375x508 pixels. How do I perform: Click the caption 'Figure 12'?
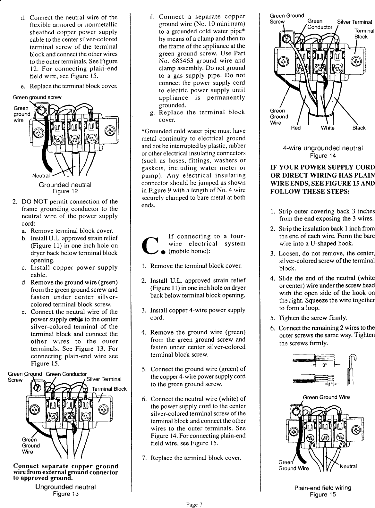pyautogui.click(x=65, y=192)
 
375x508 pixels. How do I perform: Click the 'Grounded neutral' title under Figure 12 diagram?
pyautogui.click(x=65, y=185)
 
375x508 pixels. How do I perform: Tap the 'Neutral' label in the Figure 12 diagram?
pyautogui.click(x=41, y=176)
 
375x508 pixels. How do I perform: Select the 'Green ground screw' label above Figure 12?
pyautogui.click(x=37, y=97)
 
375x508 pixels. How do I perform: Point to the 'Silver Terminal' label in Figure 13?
pyautogui.click(x=104, y=379)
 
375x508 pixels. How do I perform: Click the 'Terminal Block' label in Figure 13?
pyautogui.click(x=109, y=389)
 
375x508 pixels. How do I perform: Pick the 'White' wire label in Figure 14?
pyautogui.click(x=328, y=128)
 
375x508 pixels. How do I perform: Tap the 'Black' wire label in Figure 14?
pyautogui.click(x=359, y=128)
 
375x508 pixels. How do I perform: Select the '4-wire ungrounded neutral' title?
pyautogui.click(x=322, y=148)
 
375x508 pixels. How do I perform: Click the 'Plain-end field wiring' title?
pyautogui.click(x=323, y=488)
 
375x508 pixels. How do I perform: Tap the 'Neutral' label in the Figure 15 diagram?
pyautogui.click(x=348, y=466)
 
